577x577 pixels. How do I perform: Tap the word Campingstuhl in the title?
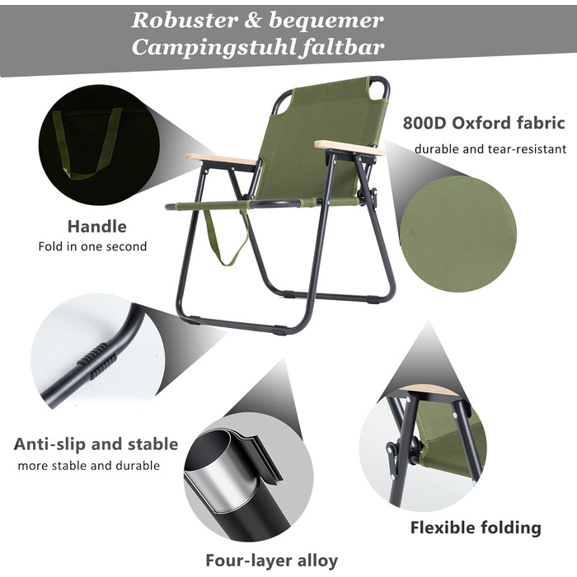(213, 47)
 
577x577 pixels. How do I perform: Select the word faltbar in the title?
(342, 47)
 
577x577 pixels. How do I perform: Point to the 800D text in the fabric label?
(425, 124)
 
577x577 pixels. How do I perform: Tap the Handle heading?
(96, 227)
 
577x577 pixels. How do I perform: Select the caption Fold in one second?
(92, 246)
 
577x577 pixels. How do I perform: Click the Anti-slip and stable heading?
(96, 444)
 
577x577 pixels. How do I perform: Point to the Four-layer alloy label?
(271, 561)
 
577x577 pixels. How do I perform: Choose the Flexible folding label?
(476, 528)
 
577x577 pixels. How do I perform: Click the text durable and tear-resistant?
(490, 149)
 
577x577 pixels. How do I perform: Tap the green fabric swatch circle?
(458, 234)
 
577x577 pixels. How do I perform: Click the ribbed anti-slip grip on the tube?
(97, 360)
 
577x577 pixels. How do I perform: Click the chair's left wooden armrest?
(221, 159)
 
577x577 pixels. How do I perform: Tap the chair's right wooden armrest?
(350, 148)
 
